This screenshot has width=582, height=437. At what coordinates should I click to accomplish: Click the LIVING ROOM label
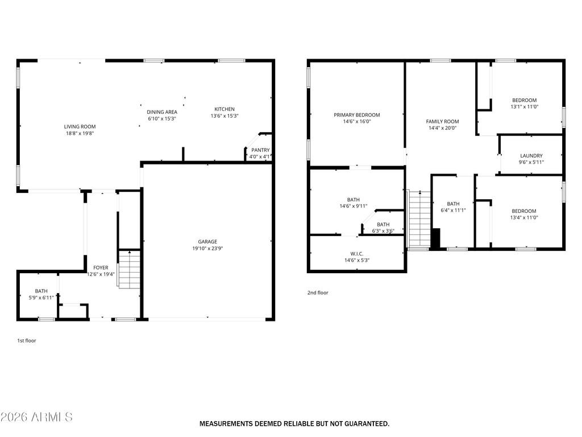(80, 127)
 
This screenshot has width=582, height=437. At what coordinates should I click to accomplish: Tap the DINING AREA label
(162, 112)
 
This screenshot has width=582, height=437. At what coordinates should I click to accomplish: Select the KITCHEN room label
(225, 109)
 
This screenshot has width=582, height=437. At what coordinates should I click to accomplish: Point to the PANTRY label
(260, 150)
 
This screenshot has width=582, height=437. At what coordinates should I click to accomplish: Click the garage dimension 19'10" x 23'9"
(207, 248)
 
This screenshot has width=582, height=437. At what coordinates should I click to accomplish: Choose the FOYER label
(101, 267)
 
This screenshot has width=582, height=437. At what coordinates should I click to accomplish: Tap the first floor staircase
(129, 269)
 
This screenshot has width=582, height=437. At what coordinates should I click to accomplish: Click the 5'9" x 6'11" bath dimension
(41, 298)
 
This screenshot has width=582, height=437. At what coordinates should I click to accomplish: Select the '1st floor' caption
(27, 340)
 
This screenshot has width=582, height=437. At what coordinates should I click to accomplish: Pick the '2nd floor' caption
(318, 292)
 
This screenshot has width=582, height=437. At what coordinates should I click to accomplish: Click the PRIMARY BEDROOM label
(357, 115)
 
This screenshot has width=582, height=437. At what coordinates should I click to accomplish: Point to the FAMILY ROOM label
(442, 122)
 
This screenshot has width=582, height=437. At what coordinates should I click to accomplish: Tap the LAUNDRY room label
(531, 156)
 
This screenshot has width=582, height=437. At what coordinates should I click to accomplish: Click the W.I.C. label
(357, 254)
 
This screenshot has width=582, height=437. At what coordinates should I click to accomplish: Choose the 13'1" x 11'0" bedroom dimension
(525, 106)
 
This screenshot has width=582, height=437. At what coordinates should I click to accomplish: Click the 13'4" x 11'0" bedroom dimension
(523, 217)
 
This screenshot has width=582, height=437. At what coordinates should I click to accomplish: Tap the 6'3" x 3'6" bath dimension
(383, 231)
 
